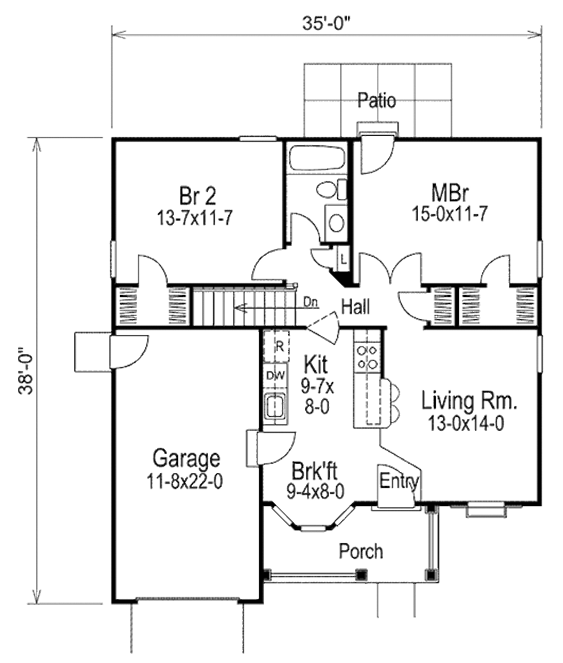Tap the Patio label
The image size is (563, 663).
pos(377,101)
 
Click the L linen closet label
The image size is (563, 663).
pos(343,259)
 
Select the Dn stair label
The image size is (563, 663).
pos(310,302)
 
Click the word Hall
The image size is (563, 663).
pos(356,306)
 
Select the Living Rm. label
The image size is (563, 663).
pos(469,401)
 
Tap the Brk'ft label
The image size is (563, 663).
pos(314,472)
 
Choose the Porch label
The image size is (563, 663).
pos(361,550)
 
